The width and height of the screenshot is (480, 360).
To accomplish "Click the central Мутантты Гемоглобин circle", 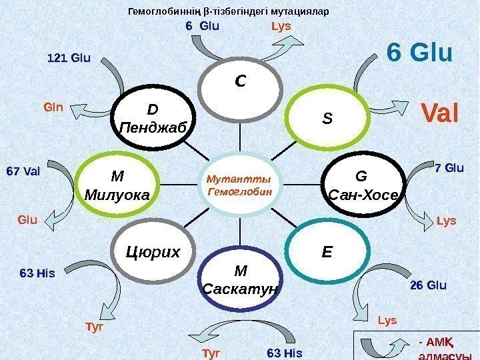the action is coord(239,185).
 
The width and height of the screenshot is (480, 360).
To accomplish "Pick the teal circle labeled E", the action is coord(327,253).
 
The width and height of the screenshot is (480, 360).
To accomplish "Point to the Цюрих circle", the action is coord(153,252).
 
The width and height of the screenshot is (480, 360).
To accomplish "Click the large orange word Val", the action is coord(438,113).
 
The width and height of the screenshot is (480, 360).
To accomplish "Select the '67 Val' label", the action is coord(24,171).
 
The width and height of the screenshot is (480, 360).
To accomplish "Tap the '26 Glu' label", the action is coord(427,285).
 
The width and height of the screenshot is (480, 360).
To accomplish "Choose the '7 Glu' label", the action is coord(448,167).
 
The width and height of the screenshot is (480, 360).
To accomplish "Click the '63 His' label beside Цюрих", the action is coord(37,273).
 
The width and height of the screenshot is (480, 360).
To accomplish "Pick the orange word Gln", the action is coord(53,106).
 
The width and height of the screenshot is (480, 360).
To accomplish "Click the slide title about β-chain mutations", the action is coord(228,11).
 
